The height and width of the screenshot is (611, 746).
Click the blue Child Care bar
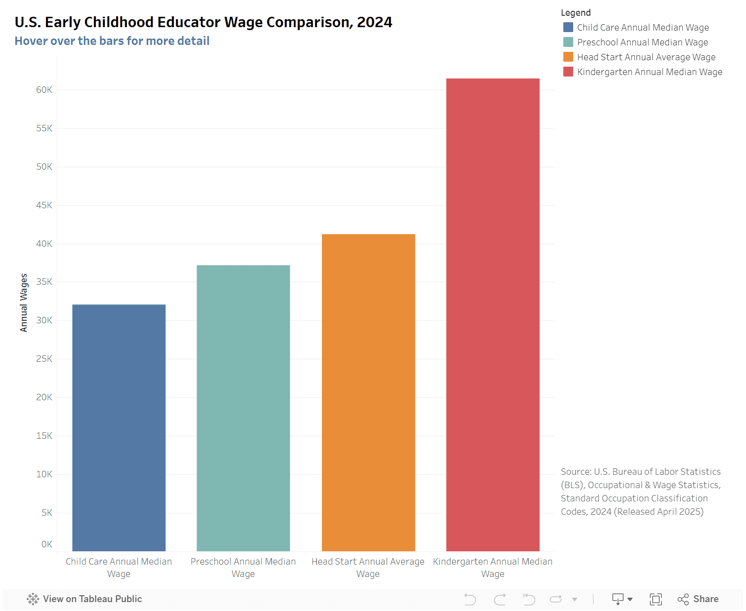tap(118, 427)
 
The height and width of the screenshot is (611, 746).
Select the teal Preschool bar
tap(243, 408)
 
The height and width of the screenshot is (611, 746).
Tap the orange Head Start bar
tap(368, 392)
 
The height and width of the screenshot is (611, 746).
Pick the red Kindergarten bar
tap(493, 314)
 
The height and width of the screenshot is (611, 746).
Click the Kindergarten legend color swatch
tap(568, 72)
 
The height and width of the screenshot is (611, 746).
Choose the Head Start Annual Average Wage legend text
tap(646, 57)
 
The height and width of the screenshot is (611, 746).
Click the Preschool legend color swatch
tap(568, 42)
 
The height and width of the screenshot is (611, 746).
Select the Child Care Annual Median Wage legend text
tap(643, 28)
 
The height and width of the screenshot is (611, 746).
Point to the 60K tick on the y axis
tap(44, 90)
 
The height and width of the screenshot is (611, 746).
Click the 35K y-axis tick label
tap(44, 282)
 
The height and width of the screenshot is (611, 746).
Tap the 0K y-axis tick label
tap(46, 544)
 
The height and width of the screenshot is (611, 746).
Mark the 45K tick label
tap(44, 205)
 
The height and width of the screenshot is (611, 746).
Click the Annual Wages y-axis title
tap(24, 303)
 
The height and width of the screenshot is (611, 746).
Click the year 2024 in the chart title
tap(374, 22)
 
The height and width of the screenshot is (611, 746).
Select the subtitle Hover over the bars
tap(112, 41)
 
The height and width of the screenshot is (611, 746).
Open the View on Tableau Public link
tap(85, 599)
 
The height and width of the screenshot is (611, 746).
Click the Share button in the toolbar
tap(698, 599)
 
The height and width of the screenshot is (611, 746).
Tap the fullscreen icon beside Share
tap(656, 599)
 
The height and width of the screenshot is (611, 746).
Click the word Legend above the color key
tap(576, 13)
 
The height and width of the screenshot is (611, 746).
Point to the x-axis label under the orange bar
tap(368, 568)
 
